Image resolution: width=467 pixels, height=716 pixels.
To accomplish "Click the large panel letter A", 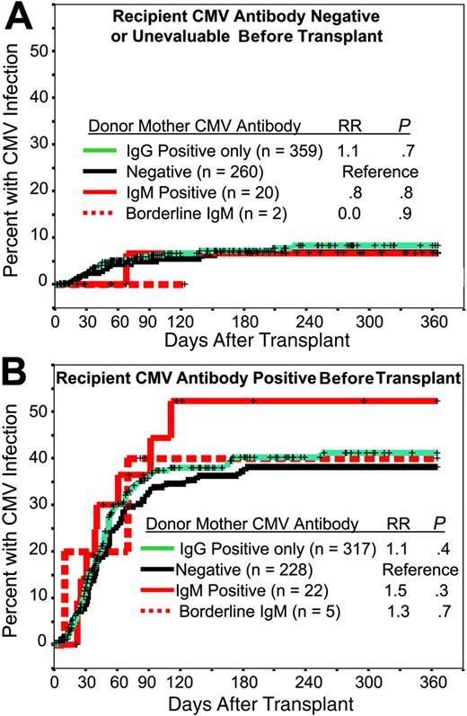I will coord(17,18).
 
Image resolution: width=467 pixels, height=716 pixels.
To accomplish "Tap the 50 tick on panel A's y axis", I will coord(39,50).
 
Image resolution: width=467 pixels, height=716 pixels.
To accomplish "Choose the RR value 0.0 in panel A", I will coord(348,212).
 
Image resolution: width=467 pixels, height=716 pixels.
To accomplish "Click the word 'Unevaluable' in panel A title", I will coord(225,35).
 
